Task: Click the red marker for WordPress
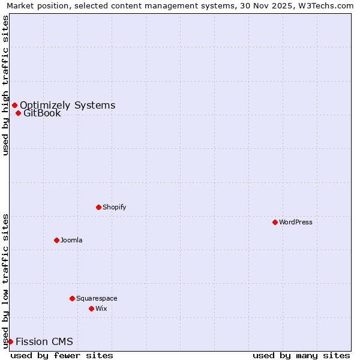coord(275,222)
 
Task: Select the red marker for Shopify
coord(98,207)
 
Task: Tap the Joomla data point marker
coord(56,240)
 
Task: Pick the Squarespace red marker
coord(72,298)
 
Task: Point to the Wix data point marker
coord(91,308)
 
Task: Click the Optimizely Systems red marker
coord(14,106)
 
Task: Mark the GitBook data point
coord(18,113)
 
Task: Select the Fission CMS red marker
coord(10,342)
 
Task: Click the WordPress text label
coord(296,222)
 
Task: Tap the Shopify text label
coord(114,207)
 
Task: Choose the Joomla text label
coord(71,240)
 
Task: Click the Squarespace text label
coord(97,298)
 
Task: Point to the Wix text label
coord(101,308)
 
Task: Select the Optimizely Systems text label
coord(67,106)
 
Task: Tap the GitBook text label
coord(42,113)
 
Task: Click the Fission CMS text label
coord(44,342)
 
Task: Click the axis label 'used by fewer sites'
coord(62,355)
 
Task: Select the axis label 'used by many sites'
coord(301,355)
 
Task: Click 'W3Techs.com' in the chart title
coord(326,5)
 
